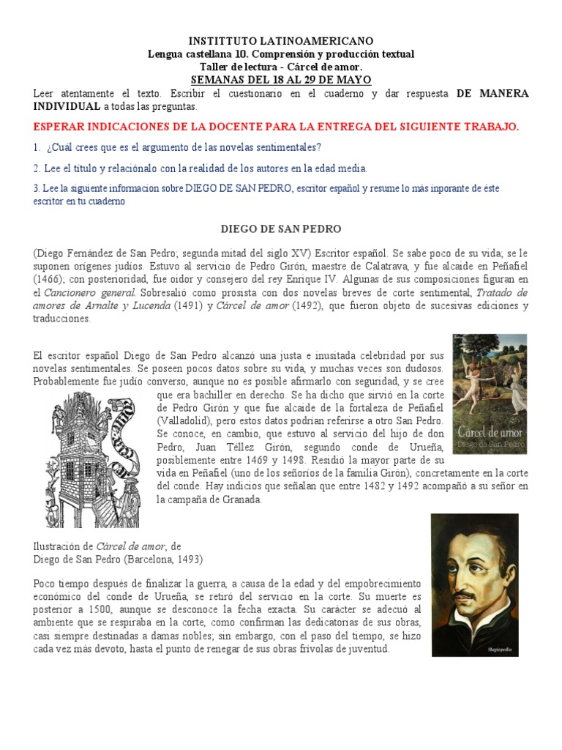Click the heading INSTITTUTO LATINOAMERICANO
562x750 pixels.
pyautogui.click(x=281, y=41)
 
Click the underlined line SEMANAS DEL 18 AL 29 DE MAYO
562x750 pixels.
pyautogui.click(x=281, y=79)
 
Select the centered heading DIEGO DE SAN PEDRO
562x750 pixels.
pyautogui.click(x=281, y=229)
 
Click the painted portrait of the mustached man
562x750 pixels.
pyautogui.click(x=475, y=584)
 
